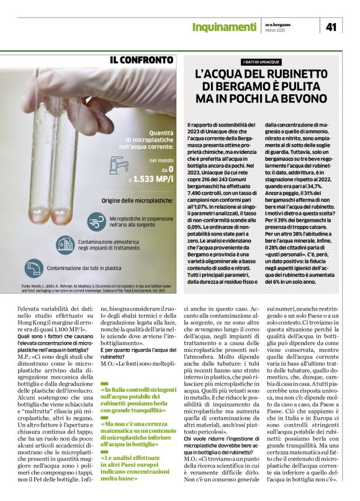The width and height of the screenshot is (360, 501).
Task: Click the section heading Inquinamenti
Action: click(x=224, y=27)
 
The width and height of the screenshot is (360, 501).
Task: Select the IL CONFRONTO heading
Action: click(x=142, y=60)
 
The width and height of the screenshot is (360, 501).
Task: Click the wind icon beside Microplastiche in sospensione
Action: click(x=96, y=221)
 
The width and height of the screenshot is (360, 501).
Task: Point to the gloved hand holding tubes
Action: click(x=56, y=93)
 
